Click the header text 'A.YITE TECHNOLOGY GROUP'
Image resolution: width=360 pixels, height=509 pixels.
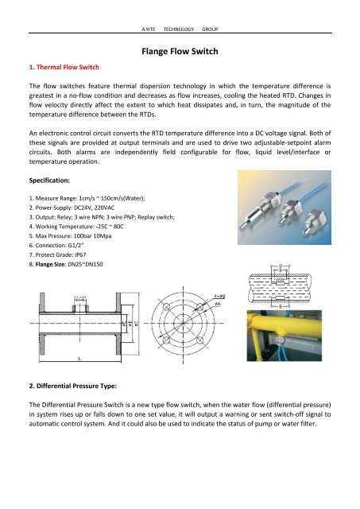pos(180,28)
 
